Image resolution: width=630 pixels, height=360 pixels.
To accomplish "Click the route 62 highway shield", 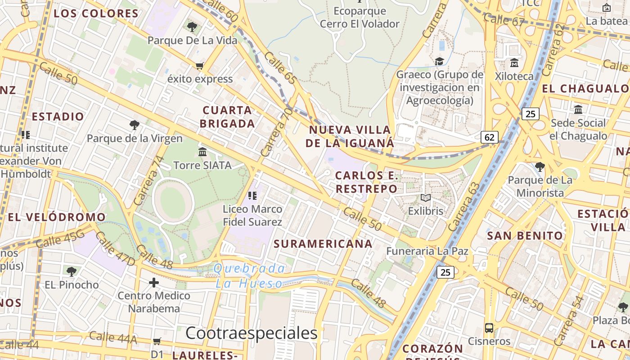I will point(489,137).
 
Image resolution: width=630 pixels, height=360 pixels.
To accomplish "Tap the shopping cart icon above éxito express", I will point(200,66).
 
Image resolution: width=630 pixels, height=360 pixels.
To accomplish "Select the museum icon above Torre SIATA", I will point(202,152).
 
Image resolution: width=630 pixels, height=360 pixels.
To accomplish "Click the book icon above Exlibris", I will point(425,198).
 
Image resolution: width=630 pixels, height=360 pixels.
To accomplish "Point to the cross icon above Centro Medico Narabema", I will point(154,283).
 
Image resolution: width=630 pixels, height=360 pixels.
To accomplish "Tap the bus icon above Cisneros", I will point(489,328).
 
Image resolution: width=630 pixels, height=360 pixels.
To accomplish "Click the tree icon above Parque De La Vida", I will point(192,27).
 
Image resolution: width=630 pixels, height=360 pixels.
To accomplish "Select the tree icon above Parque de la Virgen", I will point(134,125).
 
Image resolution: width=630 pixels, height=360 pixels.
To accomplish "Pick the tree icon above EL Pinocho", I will point(71,271).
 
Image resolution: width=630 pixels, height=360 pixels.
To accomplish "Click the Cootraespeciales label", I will point(252,333).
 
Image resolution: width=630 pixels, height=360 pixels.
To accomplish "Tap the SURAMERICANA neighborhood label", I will point(323,244).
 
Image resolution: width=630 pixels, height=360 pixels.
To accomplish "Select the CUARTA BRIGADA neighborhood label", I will point(227,117).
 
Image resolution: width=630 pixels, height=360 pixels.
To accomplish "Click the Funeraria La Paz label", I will point(427,251).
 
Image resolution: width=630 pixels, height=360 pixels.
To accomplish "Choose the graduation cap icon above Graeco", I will point(439,61).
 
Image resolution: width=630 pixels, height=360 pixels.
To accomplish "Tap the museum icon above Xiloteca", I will point(514,63).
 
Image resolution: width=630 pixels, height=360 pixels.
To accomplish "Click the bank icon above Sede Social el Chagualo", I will point(578,109).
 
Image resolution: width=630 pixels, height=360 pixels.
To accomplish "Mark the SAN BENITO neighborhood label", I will point(525,235).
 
